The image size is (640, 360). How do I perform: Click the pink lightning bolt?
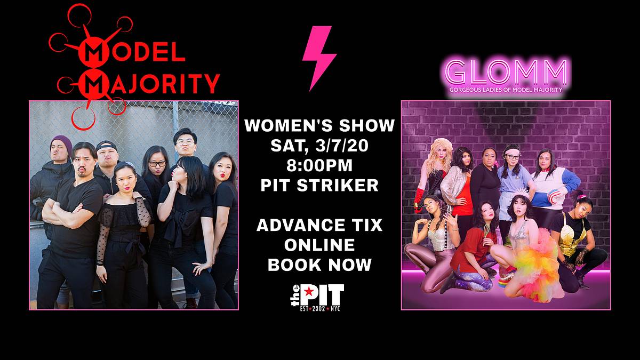point(319,57)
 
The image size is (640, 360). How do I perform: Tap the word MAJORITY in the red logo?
point(149,84)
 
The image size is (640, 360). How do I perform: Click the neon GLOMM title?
point(506,71)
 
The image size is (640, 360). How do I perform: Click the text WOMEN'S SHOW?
point(319,125)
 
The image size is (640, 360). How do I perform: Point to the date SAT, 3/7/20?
point(319,146)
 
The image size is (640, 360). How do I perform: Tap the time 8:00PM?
point(319,165)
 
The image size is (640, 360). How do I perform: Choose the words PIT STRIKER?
point(319,185)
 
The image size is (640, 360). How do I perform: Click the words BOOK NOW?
point(319,265)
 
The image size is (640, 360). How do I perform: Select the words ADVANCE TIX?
point(319,225)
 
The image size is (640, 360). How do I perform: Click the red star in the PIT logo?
point(309,292)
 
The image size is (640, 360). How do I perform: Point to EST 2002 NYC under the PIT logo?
point(320,309)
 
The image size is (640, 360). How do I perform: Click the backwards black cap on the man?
point(106,146)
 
